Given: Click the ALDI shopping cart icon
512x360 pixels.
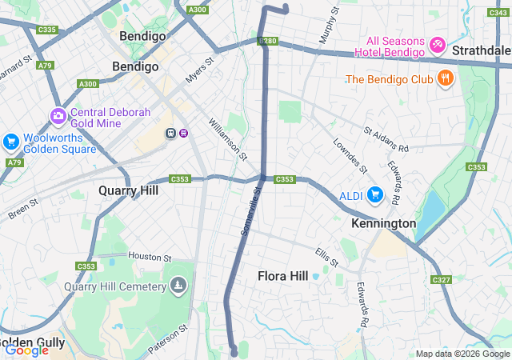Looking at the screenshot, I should point(374,194).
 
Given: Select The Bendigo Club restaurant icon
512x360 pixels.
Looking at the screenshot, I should point(445,78).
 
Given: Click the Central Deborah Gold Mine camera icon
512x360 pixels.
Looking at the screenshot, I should point(58,117).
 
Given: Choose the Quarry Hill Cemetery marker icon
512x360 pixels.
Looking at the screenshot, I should point(177,285).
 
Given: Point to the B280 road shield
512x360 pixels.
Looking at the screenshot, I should point(267,41).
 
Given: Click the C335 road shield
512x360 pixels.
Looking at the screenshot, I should point(47,30).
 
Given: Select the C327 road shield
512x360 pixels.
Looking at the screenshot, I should point(441,279).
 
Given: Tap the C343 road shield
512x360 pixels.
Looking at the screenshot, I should point(499,10).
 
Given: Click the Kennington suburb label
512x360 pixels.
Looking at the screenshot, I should point(383,223).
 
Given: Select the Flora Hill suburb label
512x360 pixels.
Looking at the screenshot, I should point(282,276).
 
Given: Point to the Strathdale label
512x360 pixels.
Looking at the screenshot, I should point(481,50).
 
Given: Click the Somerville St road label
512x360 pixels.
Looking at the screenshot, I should point(250,211).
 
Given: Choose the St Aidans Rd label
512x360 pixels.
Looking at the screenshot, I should point(386,138).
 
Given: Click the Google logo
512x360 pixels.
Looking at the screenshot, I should point(26,350).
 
